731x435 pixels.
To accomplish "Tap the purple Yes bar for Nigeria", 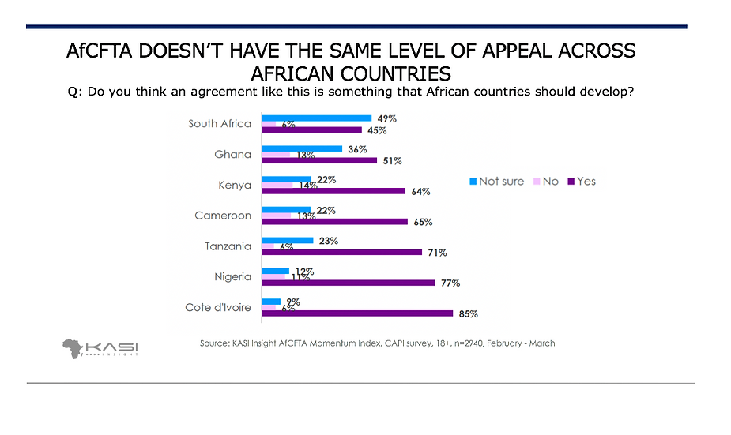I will coord(348,283).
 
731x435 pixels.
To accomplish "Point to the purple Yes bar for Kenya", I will coord(333,191).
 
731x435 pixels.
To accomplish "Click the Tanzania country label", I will coord(228,246).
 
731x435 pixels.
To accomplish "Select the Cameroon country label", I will coord(223,216).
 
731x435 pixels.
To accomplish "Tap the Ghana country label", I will coord(232,154).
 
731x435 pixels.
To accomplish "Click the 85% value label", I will coord(468,313).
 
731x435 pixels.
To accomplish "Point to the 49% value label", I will coord(386,118).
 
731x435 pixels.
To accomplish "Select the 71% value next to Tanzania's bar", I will coord(437,253).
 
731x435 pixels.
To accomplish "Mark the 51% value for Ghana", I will coord(392,161).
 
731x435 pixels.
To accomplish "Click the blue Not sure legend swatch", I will coord(473,182).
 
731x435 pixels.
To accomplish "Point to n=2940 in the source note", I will coord(467,343).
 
